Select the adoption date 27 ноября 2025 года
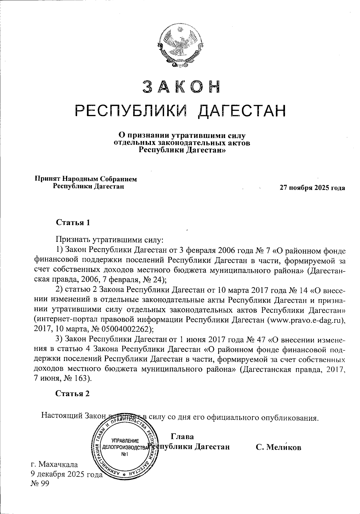[312, 188]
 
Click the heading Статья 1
[73, 223]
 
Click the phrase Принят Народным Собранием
[86, 179]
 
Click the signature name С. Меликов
[278, 447]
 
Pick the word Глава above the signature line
[182, 436]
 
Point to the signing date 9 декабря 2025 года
[66, 474]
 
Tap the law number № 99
[40, 483]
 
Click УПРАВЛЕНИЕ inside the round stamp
[125, 441]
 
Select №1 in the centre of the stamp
[125, 454]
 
